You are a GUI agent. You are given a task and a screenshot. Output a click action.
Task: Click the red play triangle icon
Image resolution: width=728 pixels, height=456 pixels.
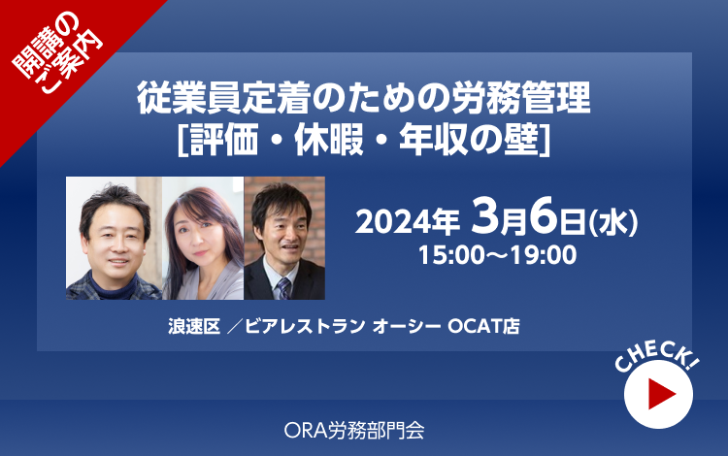pos(660,394)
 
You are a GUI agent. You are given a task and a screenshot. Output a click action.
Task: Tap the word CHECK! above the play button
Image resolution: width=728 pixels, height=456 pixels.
pos(656,356)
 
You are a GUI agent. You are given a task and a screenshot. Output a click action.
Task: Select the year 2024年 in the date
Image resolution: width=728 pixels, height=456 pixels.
pos(407,222)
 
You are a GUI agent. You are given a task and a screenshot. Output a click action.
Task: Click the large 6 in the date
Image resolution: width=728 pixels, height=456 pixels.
pos(544,215)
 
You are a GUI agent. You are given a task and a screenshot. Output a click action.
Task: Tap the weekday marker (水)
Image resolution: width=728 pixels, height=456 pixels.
pos(613,223)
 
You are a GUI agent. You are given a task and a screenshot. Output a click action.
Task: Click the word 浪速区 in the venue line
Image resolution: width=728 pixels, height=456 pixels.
pos(194,326)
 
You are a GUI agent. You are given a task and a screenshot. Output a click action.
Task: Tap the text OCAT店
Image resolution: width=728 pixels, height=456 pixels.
pos(483,326)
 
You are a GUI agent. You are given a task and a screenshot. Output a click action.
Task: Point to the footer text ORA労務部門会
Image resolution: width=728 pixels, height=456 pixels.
pos(354,431)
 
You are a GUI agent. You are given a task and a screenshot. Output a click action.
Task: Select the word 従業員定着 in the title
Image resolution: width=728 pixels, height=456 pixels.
pos(223,97)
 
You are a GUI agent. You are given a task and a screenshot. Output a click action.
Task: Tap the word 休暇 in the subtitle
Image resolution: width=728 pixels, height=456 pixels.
pos(329,140)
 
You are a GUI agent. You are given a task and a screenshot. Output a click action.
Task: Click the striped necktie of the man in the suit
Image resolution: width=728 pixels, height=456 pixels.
pos(283,288)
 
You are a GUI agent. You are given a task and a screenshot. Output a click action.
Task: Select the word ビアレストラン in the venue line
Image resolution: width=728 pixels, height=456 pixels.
pos(305,326)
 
